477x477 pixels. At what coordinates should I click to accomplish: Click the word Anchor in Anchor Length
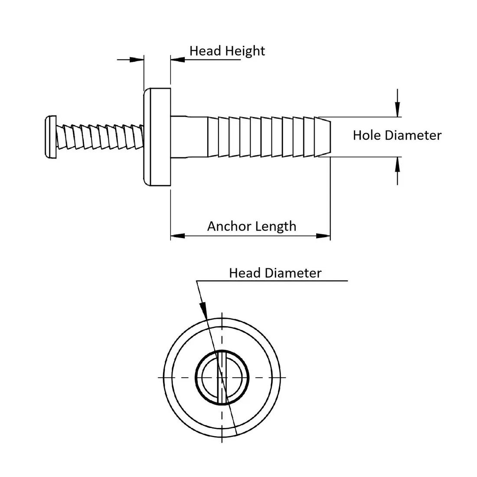pos(229,226)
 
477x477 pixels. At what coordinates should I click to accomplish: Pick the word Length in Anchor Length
pos(276,226)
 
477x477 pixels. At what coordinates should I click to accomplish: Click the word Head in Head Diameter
pos(245,273)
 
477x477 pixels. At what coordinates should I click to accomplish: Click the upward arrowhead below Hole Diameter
pos(398,164)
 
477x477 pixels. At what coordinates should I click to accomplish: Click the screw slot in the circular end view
pos(222,377)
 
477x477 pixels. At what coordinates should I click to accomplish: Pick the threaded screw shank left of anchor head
pos(100,137)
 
